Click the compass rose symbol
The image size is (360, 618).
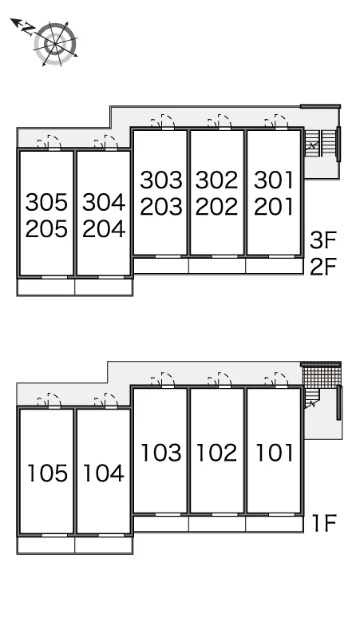click(x=55, y=44)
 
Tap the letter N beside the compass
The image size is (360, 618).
click(x=28, y=30)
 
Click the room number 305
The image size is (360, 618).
click(x=46, y=202)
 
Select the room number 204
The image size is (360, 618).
click(x=104, y=228)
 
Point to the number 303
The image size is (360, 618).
click(x=161, y=180)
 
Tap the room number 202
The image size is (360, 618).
click(x=217, y=207)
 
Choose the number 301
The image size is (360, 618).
click(x=274, y=180)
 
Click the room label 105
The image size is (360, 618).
click(x=48, y=473)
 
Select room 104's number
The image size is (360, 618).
click(x=104, y=473)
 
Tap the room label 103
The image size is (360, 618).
click(x=161, y=453)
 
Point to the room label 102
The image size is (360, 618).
click(x=217, y=453)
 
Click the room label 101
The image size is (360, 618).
click(x=275, y=453)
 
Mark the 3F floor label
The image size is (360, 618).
click(x=323, y=240)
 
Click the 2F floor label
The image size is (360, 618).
click(x=323, y=267)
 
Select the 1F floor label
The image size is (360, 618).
click(x=324, y=523)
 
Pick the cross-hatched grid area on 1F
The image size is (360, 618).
click(x=321, y=377)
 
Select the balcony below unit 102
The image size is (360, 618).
click(x=217, y=524)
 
